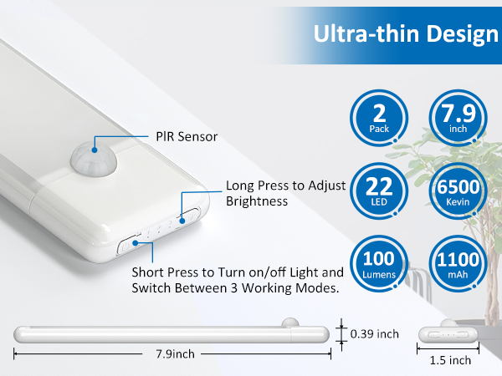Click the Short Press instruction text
tap(238, 280)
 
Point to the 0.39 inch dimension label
tap(376, 333)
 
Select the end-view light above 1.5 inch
tap(448, 332)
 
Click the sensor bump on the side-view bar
tap(290, 323)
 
